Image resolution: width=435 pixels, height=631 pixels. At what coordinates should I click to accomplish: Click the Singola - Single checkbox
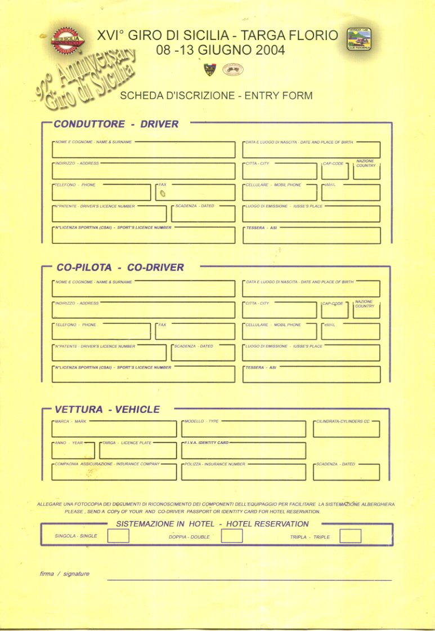coord(118,536)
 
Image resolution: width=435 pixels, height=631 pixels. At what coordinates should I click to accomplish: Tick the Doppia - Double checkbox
coord(231,536)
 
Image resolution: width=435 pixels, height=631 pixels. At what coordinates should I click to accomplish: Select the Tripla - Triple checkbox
coord(350,536)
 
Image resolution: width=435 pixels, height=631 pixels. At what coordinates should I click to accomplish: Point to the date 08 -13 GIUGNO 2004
coord(221,50)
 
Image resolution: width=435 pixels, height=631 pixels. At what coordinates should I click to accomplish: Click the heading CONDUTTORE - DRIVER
coord(116,124)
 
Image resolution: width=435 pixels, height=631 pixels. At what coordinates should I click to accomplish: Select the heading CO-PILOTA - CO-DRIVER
coord(120,267)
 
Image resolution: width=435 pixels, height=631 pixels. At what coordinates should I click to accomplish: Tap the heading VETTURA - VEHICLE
coord(107,410)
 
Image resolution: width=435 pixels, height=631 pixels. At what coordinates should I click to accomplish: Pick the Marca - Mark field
coord(114,430)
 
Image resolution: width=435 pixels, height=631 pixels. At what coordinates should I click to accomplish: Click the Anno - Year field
coord(73,451)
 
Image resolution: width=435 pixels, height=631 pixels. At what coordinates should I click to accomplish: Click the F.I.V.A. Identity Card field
coord(244,451)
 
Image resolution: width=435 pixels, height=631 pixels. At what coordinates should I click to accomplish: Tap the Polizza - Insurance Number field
coord(244,473)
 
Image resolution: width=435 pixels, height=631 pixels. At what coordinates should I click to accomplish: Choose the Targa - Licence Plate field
coord(138,451)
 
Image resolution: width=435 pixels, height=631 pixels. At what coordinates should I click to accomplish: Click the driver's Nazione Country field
coord(366,171)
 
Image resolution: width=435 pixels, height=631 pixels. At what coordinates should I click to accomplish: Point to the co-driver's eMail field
coord(351,332)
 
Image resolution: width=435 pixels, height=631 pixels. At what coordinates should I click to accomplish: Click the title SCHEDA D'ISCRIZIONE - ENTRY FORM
coord(216,96)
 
